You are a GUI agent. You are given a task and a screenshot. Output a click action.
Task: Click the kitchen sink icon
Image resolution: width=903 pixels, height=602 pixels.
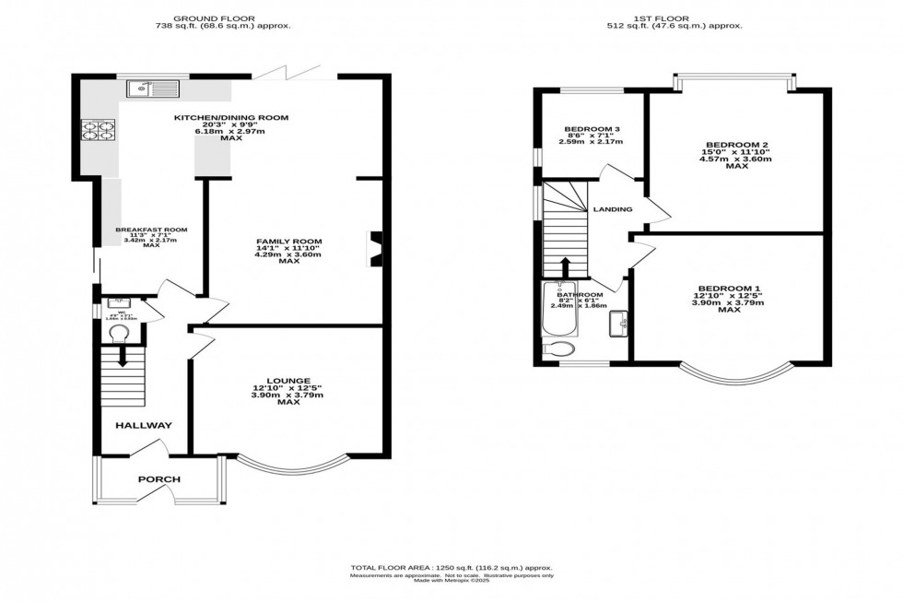click(150, 89)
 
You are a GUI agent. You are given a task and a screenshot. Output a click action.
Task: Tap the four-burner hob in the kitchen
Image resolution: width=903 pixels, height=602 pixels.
click(100, 131)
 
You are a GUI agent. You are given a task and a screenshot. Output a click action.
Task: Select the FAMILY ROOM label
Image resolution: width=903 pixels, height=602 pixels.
click(289, 242)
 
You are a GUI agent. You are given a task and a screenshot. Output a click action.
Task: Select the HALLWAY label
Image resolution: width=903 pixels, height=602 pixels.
click(143, 426)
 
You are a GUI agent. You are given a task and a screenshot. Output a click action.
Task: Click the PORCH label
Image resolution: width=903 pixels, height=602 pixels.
click(158, 479)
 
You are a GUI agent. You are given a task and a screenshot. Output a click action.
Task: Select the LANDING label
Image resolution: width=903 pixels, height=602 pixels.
click(613, 209)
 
